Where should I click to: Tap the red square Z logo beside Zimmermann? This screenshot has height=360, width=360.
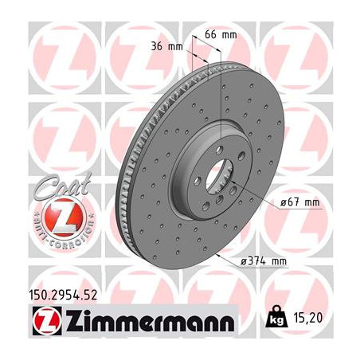point(39,323)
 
